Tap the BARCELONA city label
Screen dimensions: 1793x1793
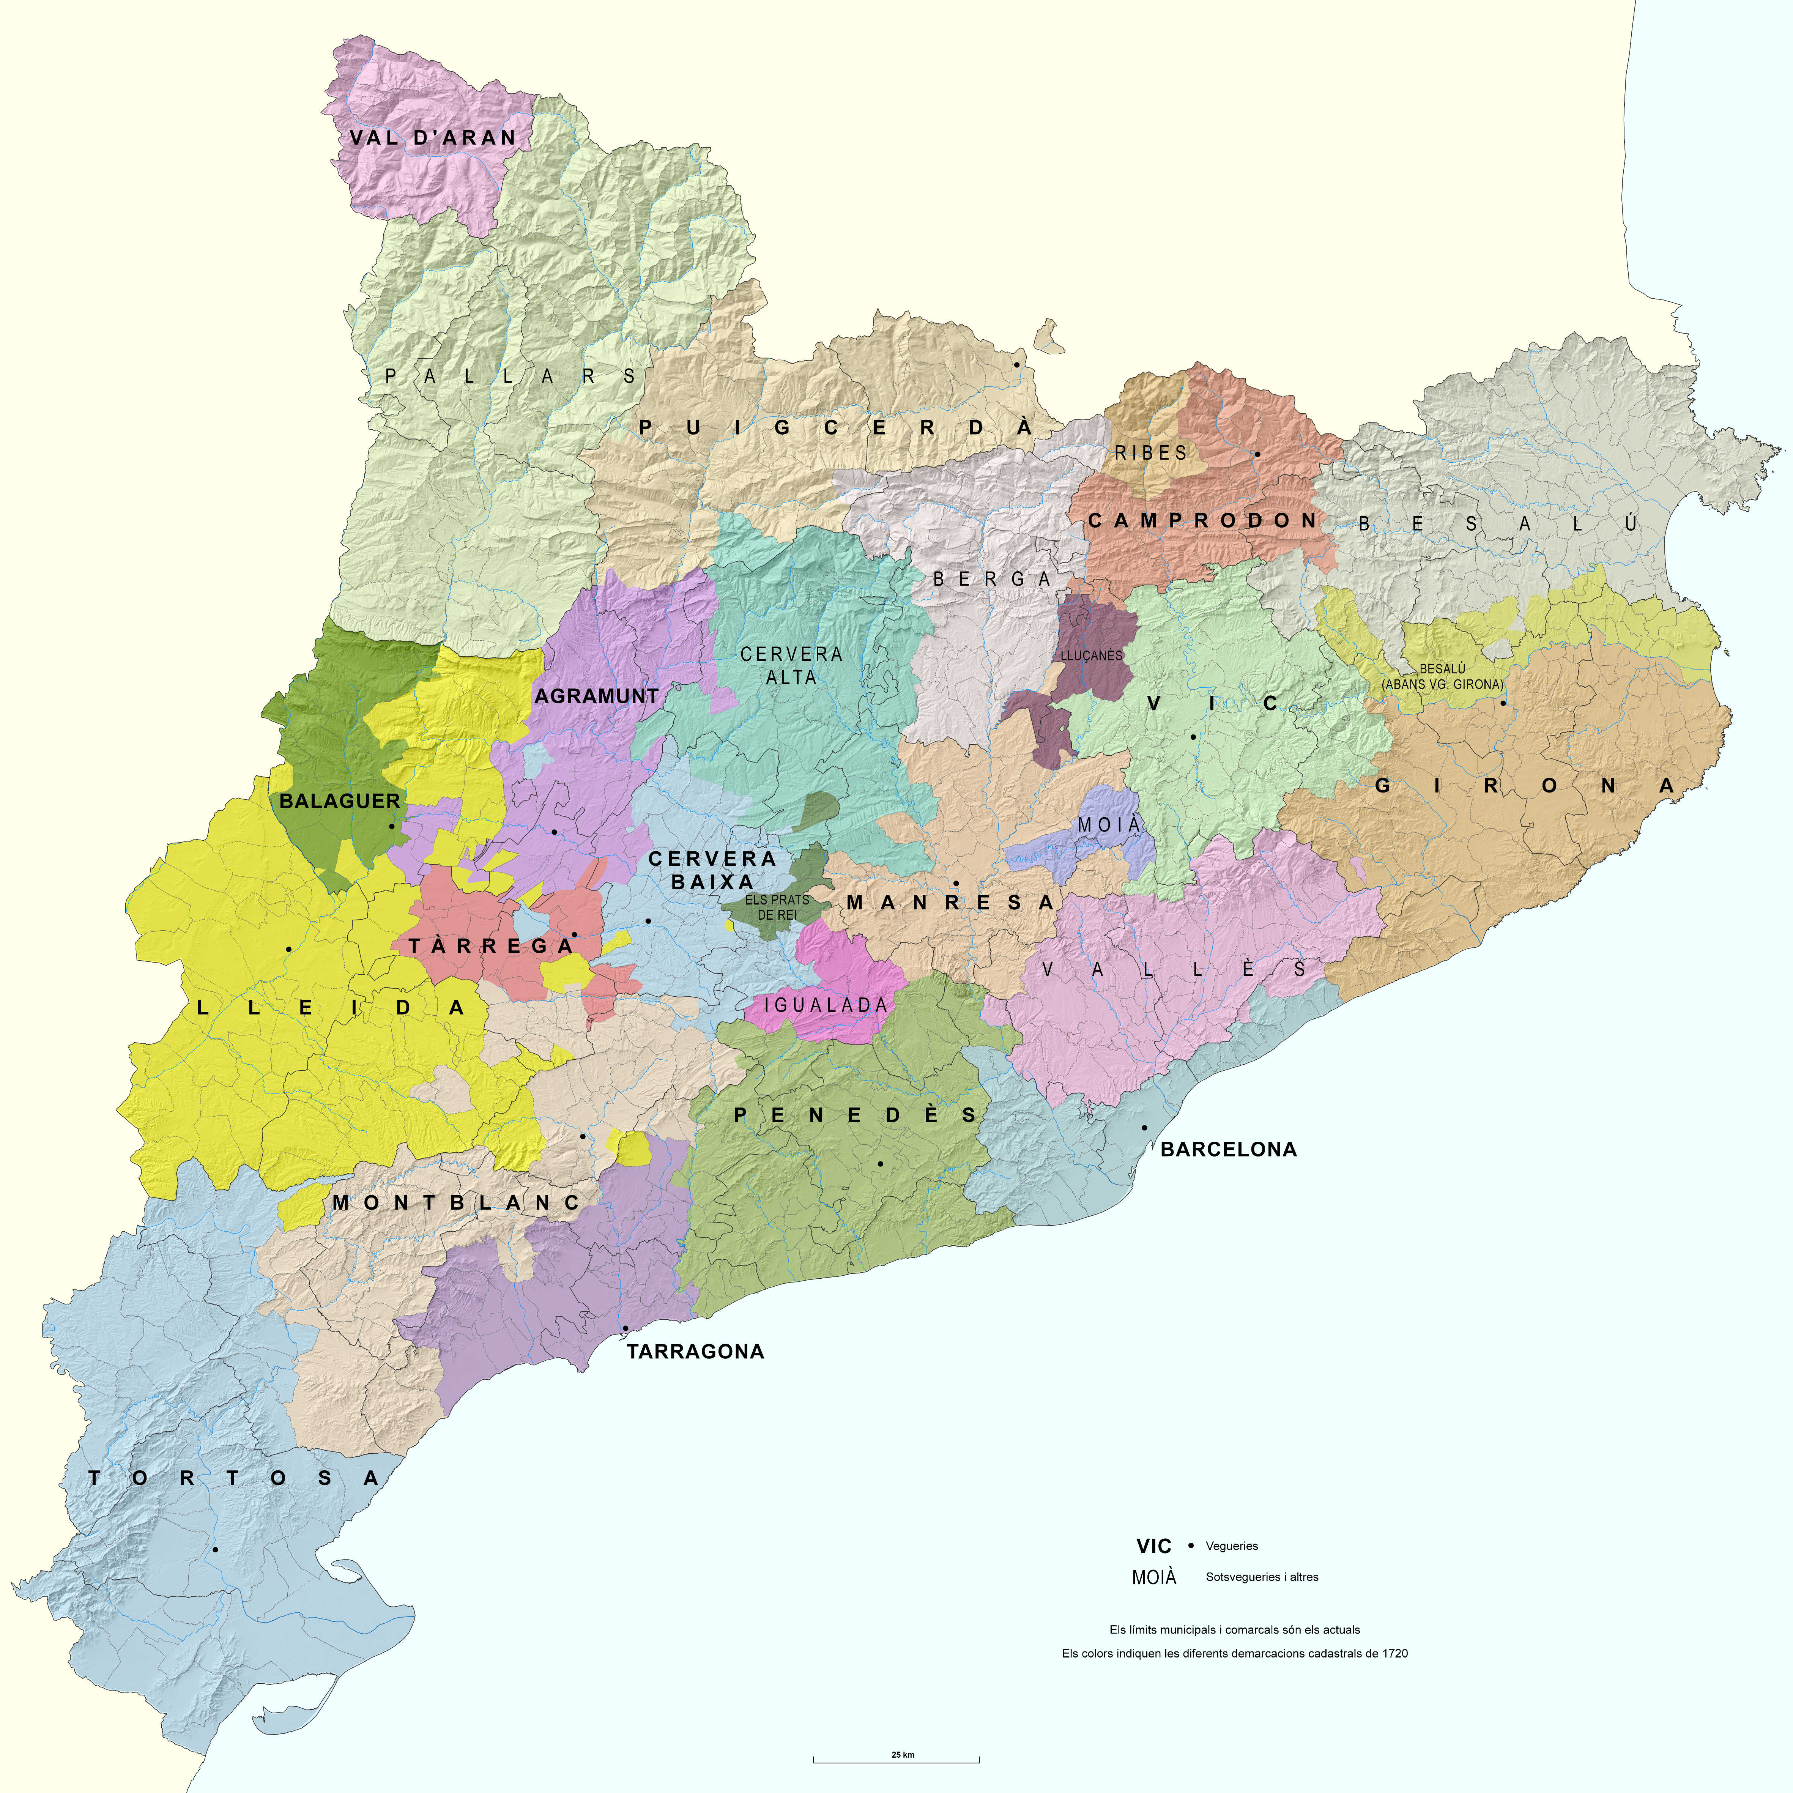click(x=1228, y=1149)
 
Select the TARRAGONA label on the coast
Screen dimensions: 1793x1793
click(x=695, y=1351)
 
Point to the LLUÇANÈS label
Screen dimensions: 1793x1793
click(x=1091, y=655)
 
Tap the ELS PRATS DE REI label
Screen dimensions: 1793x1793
click(x=777, y=907)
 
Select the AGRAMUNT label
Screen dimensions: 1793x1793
click(x=597, y=696)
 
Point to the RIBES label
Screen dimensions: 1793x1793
click(x=1151, y=453)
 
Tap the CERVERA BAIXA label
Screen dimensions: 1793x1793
click(x=712, y=870)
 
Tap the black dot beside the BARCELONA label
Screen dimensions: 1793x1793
click(x=1144, y=1128)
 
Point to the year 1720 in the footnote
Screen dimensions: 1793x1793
click(x=1394, y=1653)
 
